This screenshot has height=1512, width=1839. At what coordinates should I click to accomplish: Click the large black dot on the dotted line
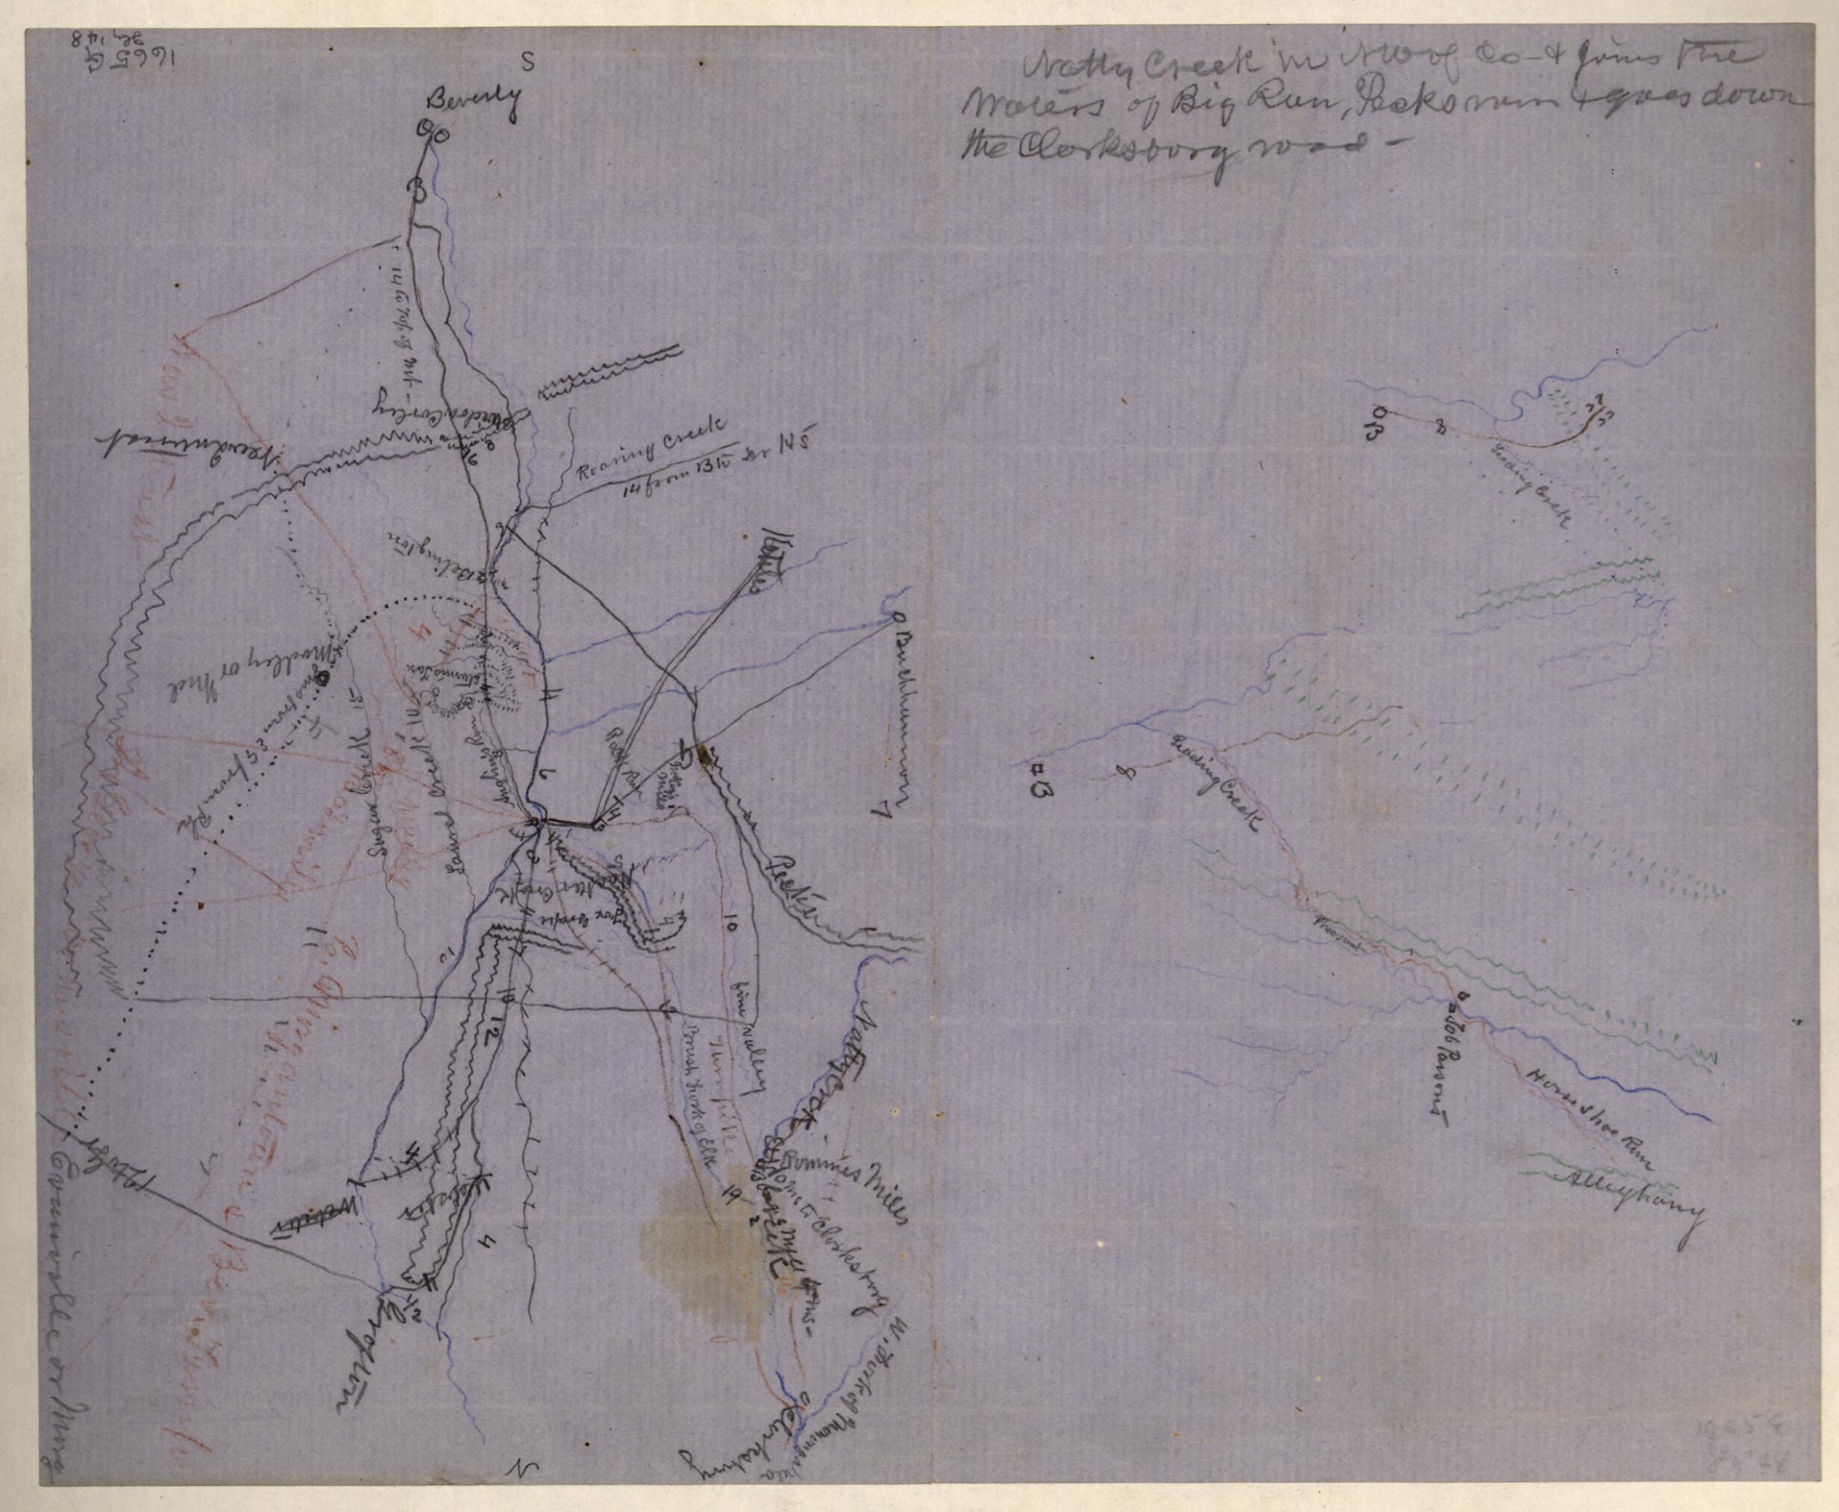click(x=322, y=677)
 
